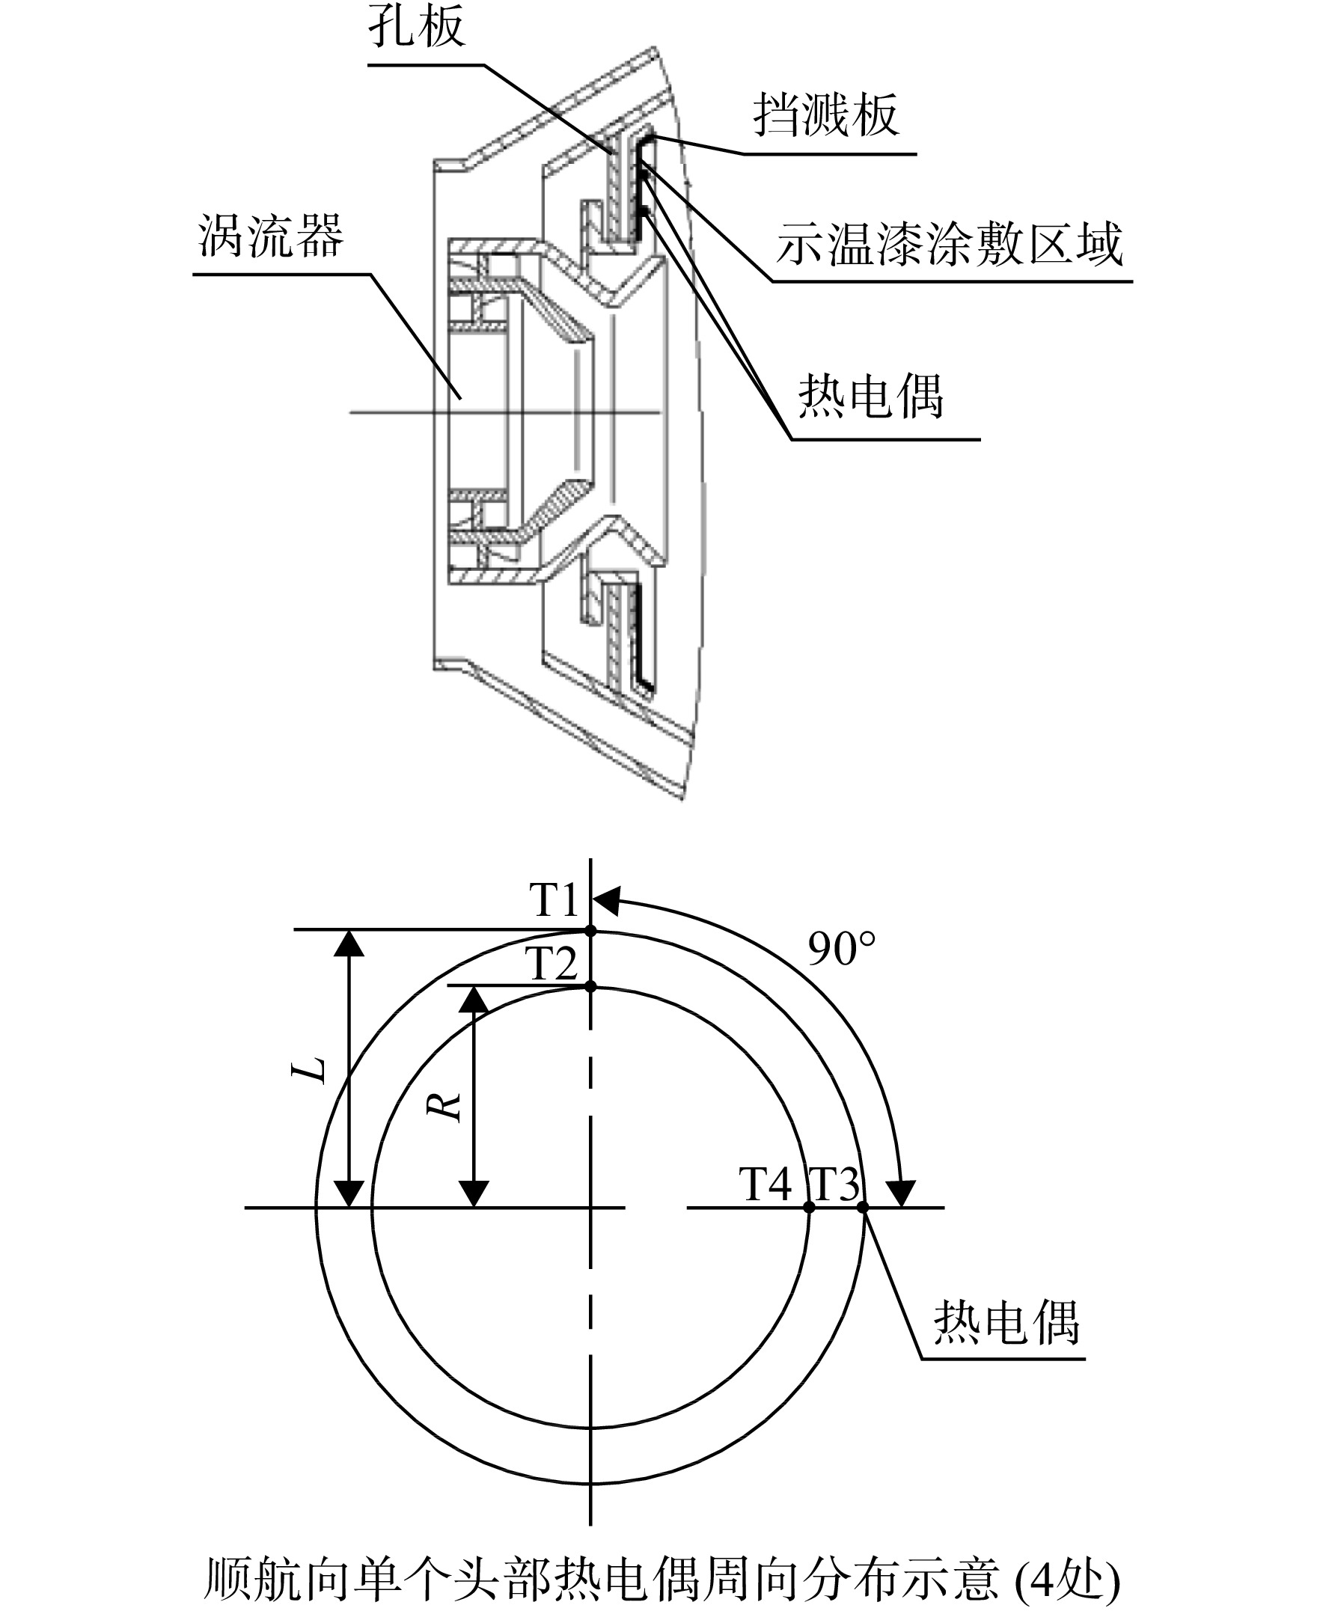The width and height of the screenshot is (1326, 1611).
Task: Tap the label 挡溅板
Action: click(x=825, y=115)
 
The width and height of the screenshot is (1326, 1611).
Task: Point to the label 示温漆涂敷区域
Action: click(x=950, y=245)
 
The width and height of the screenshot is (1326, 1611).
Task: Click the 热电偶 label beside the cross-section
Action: click(x=871, y=397)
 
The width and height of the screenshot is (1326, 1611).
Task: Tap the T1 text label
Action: click(x=554, y=900)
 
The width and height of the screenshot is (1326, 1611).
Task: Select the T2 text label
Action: click(x=552, y=963)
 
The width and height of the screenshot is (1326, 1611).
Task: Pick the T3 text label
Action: click(x=834, y=1184)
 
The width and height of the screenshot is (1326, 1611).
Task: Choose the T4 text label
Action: click(x=766, y=1184)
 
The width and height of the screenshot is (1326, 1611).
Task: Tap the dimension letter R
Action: click(x=444, y=1105)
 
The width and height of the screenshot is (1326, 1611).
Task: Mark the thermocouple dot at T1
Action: click(x=590, y=930)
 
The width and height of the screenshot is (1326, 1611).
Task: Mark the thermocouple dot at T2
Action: click(x=590, y=987)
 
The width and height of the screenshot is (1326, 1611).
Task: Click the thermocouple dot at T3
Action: click(x=863, y=1208)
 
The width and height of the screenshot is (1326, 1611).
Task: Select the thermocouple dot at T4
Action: click(x=809, y=1208)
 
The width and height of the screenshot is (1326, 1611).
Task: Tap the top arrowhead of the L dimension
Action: click(x=349, y=944)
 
